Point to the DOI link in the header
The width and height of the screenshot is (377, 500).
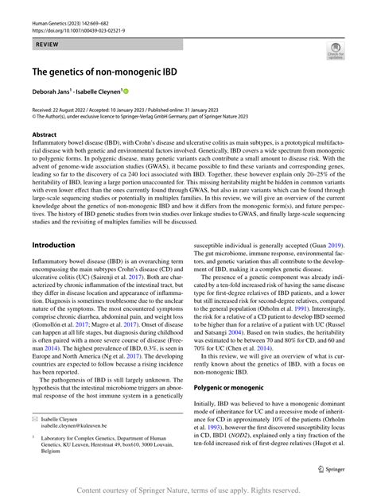tap(80, 33)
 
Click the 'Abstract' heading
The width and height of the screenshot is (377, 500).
tap(45, 136)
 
